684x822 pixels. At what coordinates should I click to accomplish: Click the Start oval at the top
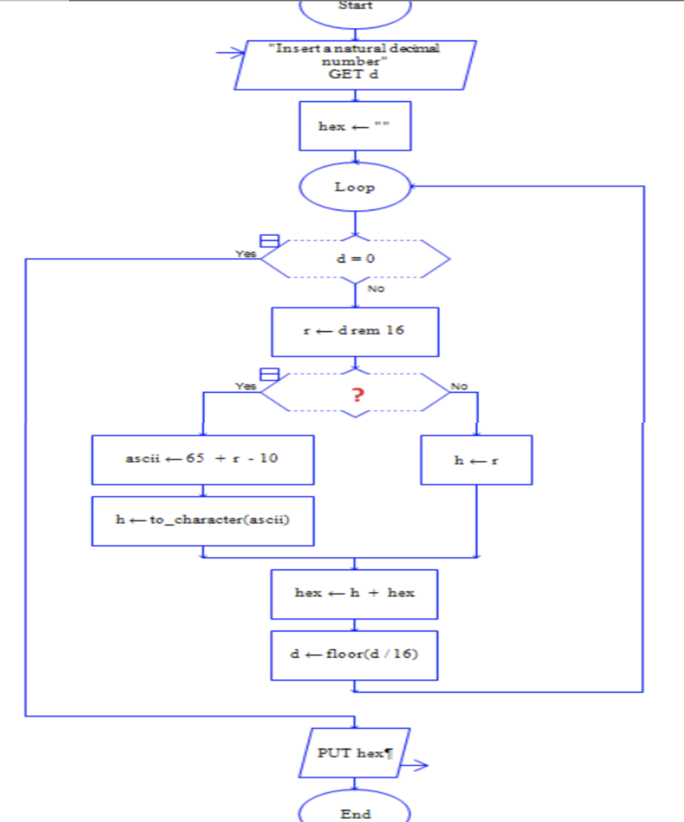coord(355,9)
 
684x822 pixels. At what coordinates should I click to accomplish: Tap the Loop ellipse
coord(355,187)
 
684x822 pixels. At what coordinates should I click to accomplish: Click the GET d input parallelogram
coord(355,65)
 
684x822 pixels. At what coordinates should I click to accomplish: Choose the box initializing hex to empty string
coord(355,126)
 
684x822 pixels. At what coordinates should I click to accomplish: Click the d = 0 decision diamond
coord(355,259)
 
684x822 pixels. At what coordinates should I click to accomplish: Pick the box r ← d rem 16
coord(355,332)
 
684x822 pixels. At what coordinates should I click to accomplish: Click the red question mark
coord(358,395)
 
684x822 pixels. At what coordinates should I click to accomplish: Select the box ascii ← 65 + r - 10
coord(203,459)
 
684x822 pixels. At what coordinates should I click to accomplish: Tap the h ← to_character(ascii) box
coord(203,520)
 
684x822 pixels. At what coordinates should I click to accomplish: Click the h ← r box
coord(477,460)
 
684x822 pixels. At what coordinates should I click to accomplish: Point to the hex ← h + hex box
coord(354,594)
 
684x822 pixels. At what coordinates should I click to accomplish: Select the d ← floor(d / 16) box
coord(354,655)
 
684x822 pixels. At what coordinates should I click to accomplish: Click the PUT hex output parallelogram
coord(354,753)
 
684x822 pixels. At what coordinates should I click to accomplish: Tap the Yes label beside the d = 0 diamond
coord(246,254)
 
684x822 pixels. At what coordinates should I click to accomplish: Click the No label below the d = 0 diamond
coord(376,289)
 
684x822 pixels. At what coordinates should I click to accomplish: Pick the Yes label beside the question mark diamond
coord(246,386)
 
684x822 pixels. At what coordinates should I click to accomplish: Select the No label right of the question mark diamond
coord(459,386)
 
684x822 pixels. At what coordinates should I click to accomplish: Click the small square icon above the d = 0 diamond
coord(269,241)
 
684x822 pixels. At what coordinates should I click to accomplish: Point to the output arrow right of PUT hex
coord(415,765)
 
